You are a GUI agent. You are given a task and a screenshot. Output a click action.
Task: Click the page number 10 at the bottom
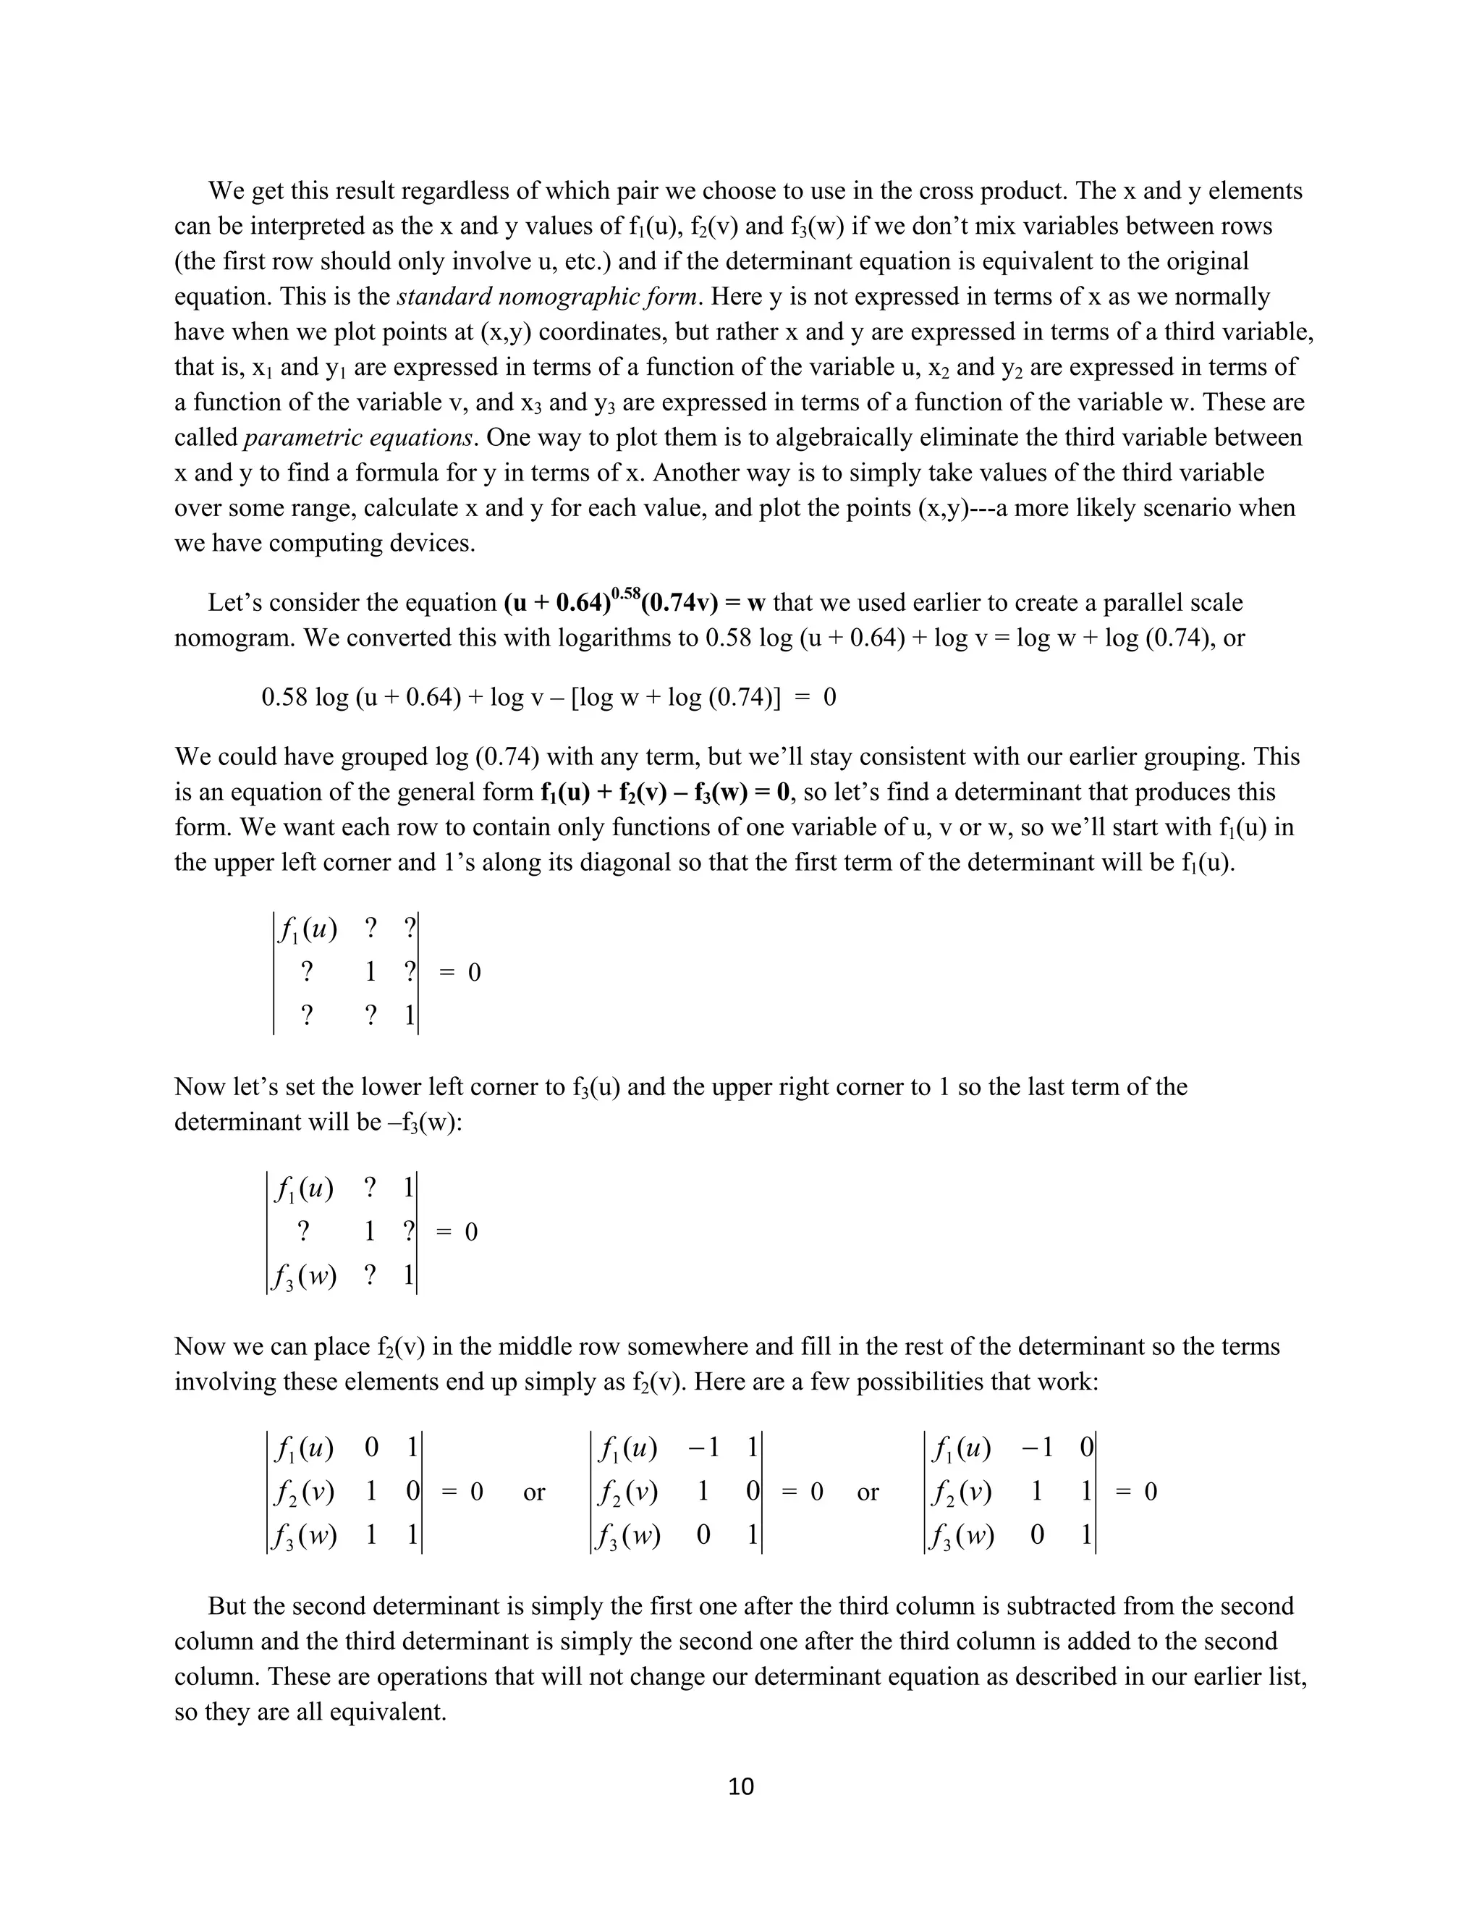pyautogui.click(x=741, y=1787)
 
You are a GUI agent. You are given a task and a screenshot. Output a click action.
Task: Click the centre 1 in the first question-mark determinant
pyautogui.click(x=370, y=972)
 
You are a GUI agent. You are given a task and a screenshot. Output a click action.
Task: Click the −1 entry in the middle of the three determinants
pyautogui.click(x=704, y=1448)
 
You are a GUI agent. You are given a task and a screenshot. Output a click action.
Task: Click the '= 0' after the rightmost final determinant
pyautogui.click(x=1137, y=1492)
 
